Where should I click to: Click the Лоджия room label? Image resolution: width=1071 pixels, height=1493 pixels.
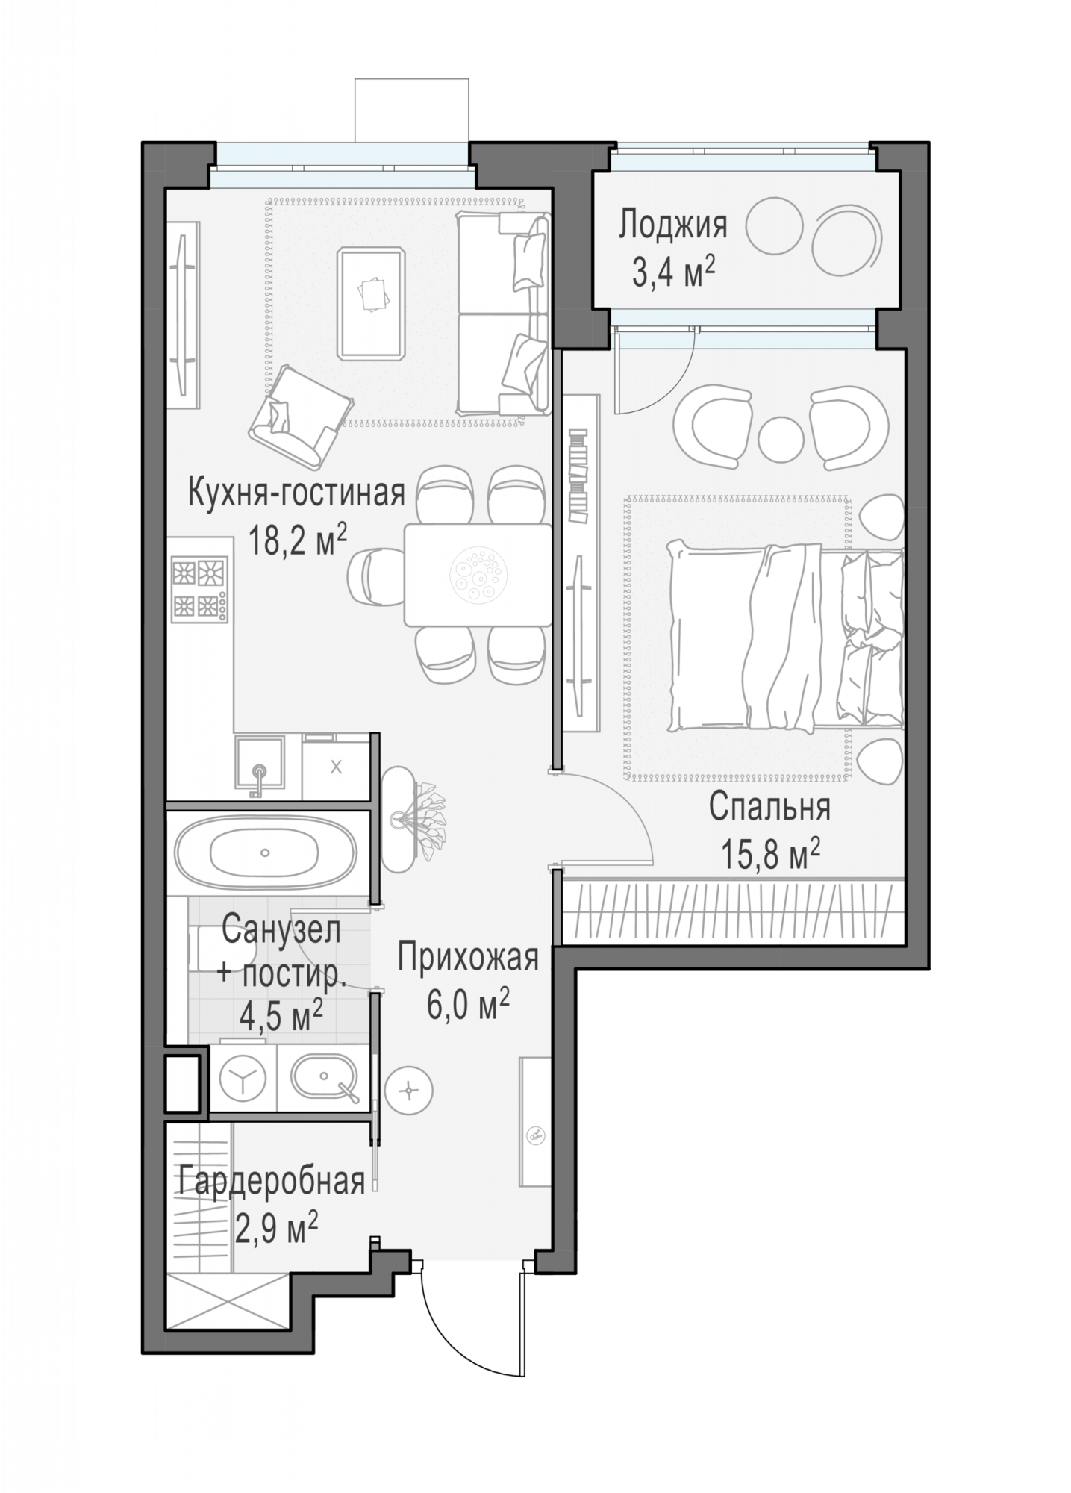pos(672,225)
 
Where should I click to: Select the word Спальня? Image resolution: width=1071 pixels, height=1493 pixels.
pos(769,808)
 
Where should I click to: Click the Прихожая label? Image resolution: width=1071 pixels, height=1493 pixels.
pos(468,958)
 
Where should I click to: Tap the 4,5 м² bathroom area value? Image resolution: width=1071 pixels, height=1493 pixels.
pos(281,1015)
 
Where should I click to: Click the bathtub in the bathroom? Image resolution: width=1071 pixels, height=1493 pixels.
pos(265,853)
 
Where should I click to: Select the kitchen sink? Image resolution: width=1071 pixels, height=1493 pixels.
pos(260,762)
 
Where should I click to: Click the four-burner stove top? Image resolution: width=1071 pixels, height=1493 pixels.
pos(199,589)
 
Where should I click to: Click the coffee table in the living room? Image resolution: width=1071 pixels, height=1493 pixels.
pos(372,304)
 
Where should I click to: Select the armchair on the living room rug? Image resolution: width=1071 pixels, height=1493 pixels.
pos(301,415)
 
